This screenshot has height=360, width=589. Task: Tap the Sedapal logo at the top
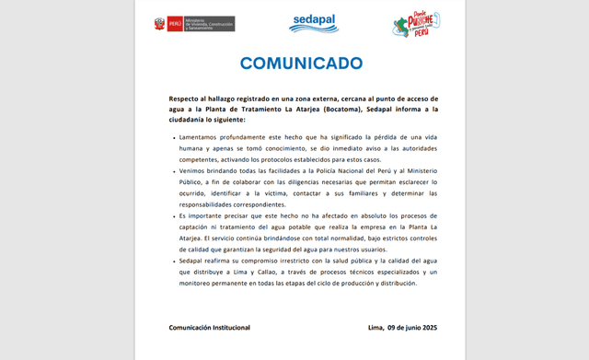pos(314,23)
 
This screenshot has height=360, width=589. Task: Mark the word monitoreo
pos(201,284)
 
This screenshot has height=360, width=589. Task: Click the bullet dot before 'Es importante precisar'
pos(173,215)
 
